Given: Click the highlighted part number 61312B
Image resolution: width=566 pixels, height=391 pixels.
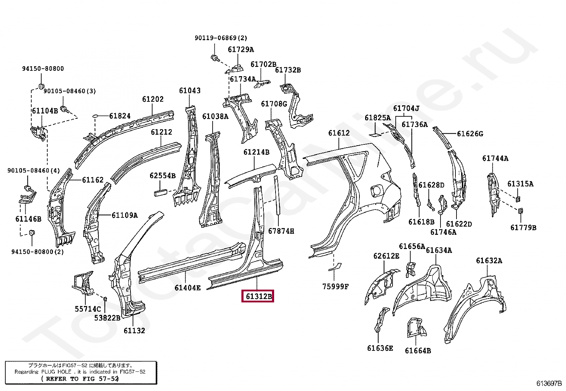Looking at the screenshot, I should point(258,296).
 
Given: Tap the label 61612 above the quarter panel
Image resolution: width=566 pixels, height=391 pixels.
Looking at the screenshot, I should point(339,133).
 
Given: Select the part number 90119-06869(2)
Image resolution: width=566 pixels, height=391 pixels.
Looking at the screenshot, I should point(220,38).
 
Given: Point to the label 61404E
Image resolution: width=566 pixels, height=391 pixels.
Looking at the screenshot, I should point(187,288).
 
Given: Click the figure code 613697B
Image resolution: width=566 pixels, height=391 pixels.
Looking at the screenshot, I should point(549,383).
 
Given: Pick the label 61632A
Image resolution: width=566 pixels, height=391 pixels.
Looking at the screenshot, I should point(489,261).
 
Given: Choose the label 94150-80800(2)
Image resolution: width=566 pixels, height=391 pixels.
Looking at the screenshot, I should point(37,252).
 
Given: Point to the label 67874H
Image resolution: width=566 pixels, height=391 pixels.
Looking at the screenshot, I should point(281,231).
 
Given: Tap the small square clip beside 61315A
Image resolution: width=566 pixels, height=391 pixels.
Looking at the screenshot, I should point(518,199).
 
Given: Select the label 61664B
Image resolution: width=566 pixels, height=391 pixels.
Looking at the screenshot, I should point(418,351).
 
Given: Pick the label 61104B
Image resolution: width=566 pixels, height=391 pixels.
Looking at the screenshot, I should point(45,111).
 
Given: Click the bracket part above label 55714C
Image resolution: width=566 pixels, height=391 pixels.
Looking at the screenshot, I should point(82,283).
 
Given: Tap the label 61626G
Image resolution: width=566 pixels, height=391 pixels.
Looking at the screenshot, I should point(470,134).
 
